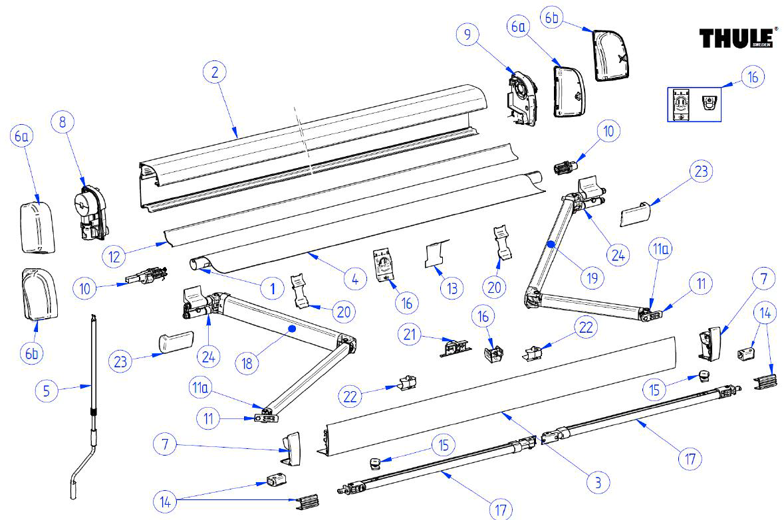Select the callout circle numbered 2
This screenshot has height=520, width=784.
[215, 72]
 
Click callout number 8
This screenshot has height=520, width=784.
[63, 122]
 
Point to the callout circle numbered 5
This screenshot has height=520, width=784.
[46, 390]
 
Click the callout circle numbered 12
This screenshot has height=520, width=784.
[114, 254]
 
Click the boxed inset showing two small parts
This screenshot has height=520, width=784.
[695, 102]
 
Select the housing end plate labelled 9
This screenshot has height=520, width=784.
[523, 96]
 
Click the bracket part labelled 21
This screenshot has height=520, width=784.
[454, 347]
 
